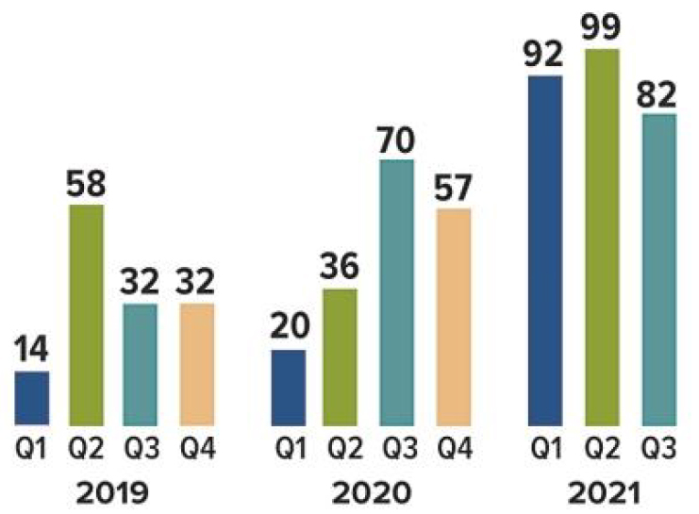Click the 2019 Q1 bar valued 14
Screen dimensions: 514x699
coord(32,398)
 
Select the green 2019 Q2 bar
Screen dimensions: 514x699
coord(87,315)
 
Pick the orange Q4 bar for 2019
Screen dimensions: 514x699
coord(196,364)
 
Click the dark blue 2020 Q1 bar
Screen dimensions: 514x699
coord(289,388)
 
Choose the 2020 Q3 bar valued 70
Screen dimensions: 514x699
coord(397,292)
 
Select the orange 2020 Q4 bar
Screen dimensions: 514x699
coord(452,317)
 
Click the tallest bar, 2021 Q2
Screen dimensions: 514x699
coord(600,237)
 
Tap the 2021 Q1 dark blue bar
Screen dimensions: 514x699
coord(545,250)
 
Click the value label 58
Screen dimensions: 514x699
coord(87,184)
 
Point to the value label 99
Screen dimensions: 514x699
coord(600,27)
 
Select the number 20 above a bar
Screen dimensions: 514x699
coord(289,329)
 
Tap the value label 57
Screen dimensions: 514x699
coord(452,188)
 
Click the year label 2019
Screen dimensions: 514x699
coord(114,492)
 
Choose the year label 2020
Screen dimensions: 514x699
coord(371,492)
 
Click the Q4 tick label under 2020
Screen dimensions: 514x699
coord(452,447)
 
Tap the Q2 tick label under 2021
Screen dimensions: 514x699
coord(600,447)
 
